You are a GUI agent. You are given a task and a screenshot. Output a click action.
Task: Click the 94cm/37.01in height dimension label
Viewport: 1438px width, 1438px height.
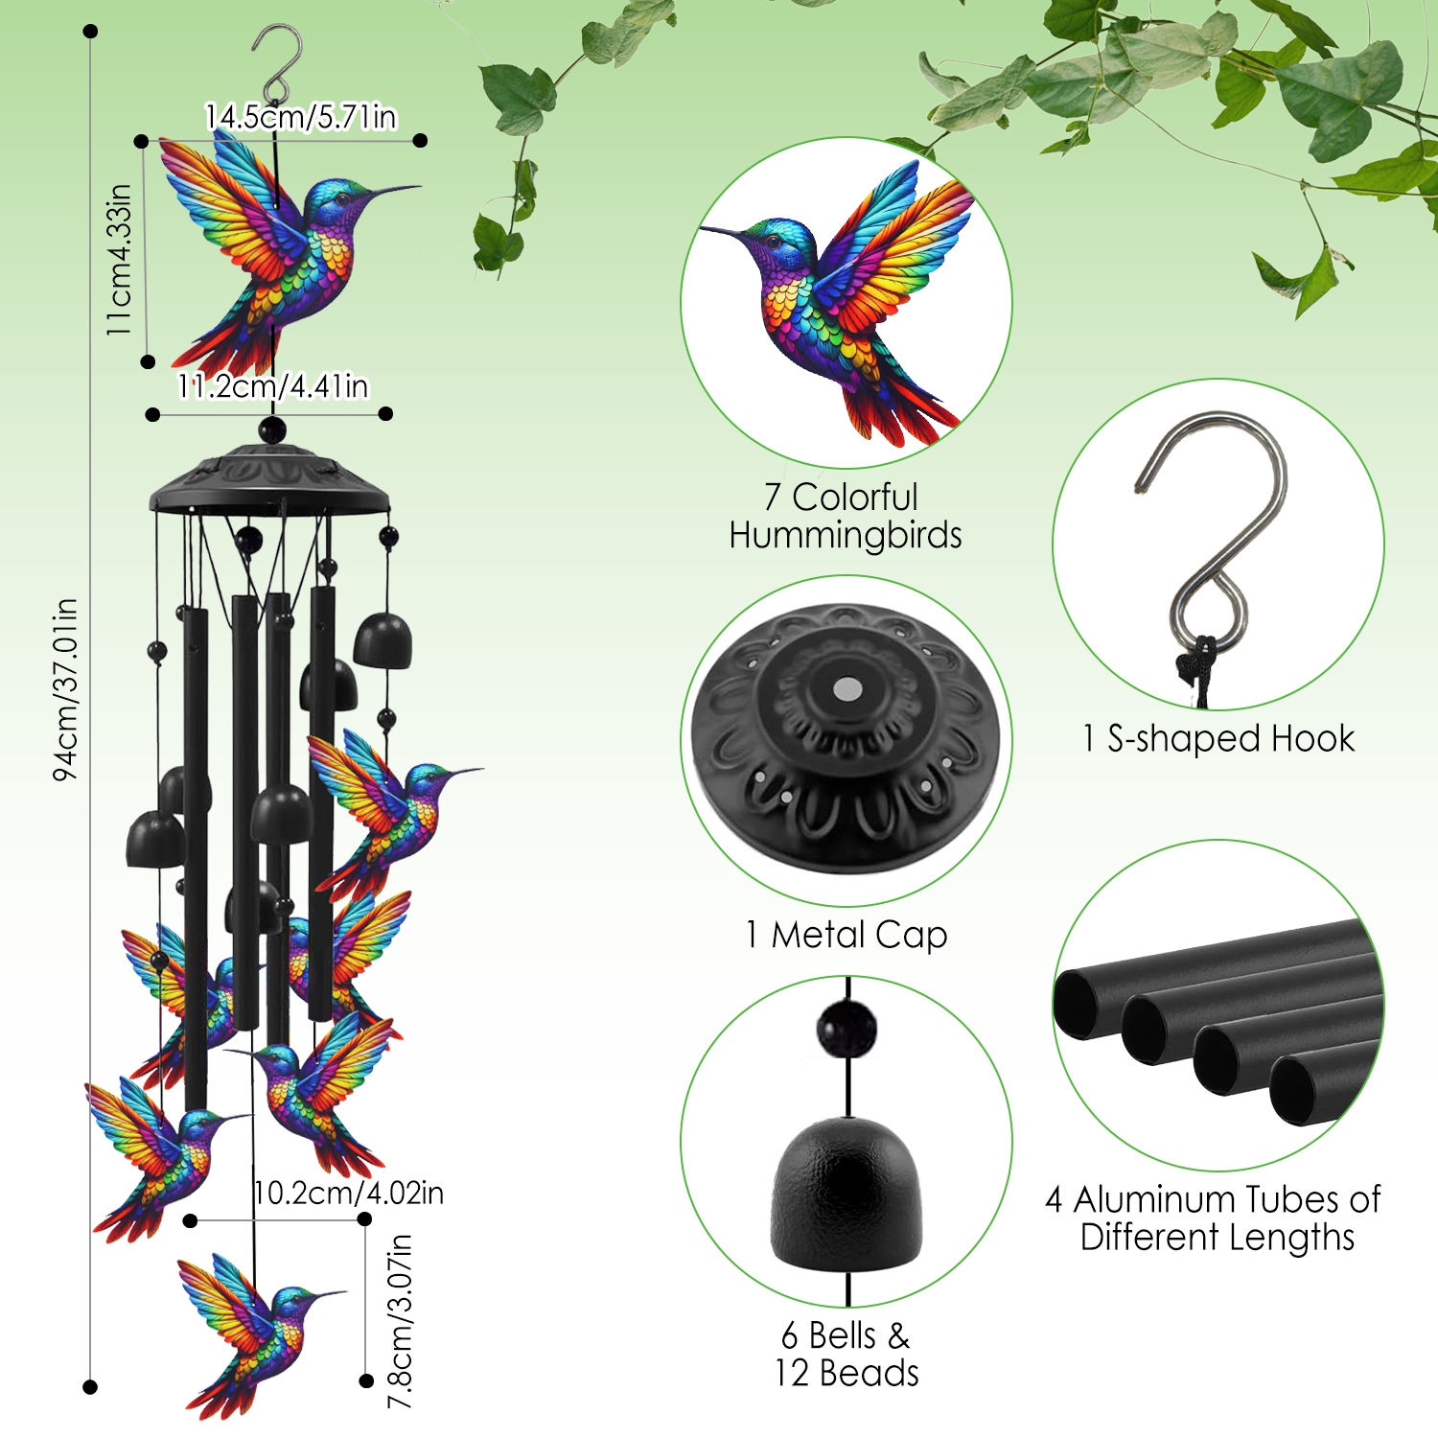(x=65, y=689)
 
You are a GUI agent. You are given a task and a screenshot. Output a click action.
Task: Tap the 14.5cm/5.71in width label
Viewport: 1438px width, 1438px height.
(x=301, y=117)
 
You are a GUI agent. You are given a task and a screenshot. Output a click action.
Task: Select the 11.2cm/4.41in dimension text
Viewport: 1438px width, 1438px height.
(x=273, y=386)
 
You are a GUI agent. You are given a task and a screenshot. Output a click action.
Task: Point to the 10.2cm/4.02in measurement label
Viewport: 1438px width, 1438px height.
(x=349, y=1194)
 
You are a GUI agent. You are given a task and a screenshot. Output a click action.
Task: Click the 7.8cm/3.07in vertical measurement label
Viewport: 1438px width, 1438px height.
(x=400, y=1321)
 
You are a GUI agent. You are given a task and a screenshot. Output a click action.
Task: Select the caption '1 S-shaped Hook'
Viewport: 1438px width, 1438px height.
(x=1218, y=739)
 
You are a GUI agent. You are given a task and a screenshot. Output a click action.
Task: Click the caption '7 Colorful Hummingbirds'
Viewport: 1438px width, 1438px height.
(x=845, y=516)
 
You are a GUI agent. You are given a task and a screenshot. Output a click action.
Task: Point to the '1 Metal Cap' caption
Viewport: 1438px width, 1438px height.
(x=847, y=935)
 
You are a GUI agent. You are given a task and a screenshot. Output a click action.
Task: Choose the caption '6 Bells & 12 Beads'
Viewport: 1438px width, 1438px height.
(x=847, y=1354)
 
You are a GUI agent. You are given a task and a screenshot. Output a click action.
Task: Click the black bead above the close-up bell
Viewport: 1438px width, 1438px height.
(x=847, y=1029)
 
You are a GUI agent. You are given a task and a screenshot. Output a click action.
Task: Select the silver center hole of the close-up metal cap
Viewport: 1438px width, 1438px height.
(x=847, y=688)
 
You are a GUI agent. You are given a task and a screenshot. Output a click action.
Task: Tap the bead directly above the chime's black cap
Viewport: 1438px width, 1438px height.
(x=272, y=429)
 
